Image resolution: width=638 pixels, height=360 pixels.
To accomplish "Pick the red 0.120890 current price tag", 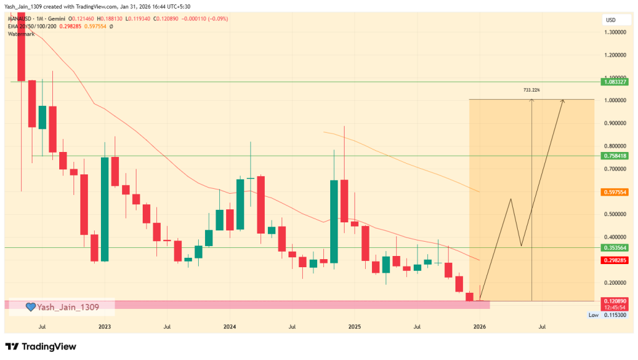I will click(x=614, y=301).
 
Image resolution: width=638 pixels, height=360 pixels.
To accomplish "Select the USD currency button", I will click(x=611, y=20).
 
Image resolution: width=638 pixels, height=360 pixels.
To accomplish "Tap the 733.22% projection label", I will click(x=531, y=90).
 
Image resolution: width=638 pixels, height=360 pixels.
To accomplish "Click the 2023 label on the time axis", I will click(x=105, y=326).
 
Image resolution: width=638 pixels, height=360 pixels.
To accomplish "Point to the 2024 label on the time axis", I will click(x=229, y=326).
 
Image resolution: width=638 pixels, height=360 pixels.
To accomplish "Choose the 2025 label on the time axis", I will click(x=355, y=326).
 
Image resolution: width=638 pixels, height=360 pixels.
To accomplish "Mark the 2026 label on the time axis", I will click(x=479, y=326).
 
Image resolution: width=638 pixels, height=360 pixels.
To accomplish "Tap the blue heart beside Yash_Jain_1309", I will click(x=31, y=306).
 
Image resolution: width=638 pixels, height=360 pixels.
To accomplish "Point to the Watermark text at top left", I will click(x=22, y=34).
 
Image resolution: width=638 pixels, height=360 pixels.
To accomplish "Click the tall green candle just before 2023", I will click(x=105, y=209).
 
